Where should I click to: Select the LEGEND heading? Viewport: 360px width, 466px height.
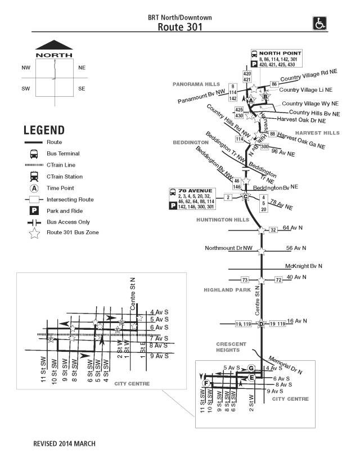[x=44, y=131]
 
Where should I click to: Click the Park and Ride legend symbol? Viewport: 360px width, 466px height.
[x=34, y=210]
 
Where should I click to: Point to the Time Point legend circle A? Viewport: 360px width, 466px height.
[x=34, y=188]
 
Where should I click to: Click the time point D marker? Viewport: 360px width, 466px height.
[x=261, y=324]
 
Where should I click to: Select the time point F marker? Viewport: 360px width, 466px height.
[x=206, y=383]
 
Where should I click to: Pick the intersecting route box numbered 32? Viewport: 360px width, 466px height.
[x=273, y=230]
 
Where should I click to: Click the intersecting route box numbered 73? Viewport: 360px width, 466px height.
[x=245, y=280]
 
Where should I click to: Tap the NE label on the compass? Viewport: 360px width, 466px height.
[x=82, y=68]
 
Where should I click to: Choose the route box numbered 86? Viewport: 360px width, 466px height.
[x=274, y=84]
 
